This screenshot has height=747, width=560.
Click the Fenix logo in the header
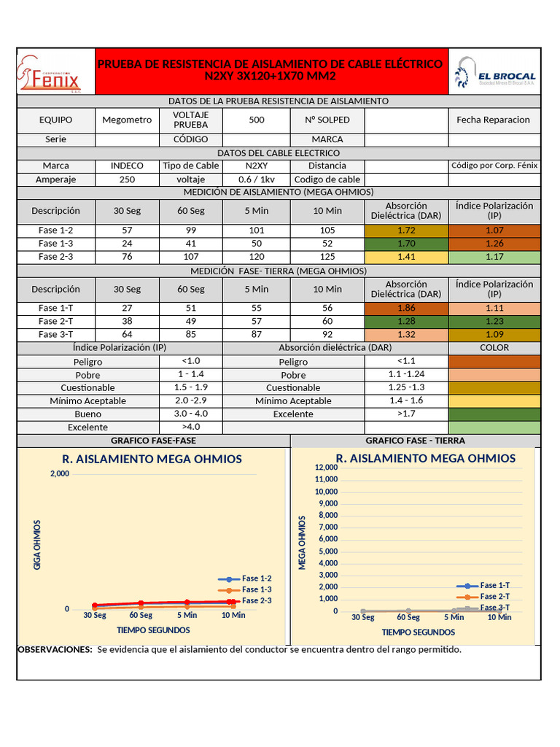coord(55,71)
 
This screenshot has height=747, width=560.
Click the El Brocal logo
coord(494,71)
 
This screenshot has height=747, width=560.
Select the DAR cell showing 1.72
coord(406,231)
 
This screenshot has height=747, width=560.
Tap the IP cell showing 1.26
coord(494,244)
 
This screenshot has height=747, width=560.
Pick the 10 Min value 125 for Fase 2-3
coord(327,257)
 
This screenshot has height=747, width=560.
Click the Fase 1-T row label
coord(55,309)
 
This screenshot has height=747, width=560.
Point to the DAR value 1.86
coord(406,309)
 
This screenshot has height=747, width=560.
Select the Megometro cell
coord(127,120)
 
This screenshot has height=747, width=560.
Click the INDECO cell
coord(127,166)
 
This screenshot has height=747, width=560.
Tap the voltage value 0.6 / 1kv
coord(256,179)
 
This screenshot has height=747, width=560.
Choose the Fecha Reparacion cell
coord(494,120)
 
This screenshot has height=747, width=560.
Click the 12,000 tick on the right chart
coord(326,467)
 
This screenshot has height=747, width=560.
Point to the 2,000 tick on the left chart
coord(60,474)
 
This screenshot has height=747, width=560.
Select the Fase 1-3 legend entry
coord(256,589)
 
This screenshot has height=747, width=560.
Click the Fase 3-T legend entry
coord(494,608)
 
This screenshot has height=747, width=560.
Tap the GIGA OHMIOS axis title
coord(38,544)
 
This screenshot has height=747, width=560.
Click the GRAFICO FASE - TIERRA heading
coord(415,441)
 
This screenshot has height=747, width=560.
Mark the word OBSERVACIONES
coord(55,650)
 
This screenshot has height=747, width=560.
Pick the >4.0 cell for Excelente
coord(190,427)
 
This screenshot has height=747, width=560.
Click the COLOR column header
coord(494,348)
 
